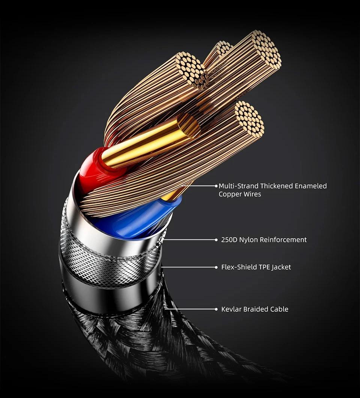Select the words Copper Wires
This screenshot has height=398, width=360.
240,194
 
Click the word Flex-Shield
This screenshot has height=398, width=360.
237,267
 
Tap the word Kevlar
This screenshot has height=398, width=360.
231,309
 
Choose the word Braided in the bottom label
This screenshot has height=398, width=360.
255,309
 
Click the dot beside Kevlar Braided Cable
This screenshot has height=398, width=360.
216,309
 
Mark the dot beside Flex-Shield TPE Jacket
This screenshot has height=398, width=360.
216,267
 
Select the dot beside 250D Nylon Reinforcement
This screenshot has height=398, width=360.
216,240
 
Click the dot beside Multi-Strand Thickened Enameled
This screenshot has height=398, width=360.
216,186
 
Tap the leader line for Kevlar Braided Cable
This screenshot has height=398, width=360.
189,309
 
